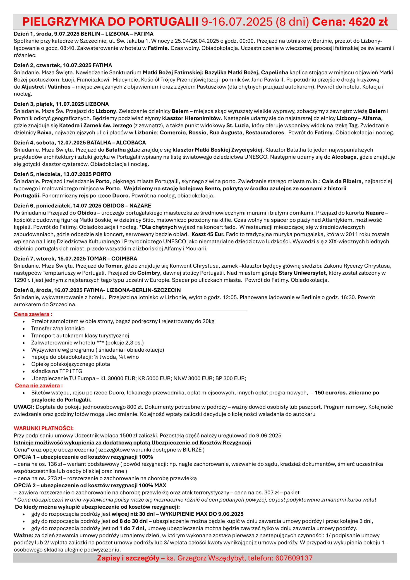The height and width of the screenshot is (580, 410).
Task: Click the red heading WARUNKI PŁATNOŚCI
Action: [x=44, y=428]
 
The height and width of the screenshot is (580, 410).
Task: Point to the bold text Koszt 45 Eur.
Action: [x=208, y=234]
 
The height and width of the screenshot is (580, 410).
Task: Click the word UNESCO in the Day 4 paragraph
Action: [x=256, y=157]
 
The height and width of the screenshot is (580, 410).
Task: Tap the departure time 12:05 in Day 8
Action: [x=230, y=297]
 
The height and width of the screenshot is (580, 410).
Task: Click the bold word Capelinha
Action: [x=274, y=72]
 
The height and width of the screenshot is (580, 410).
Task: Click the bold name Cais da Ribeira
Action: [x=342, y=181]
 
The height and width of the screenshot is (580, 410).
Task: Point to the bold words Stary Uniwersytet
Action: [x=302, y=273]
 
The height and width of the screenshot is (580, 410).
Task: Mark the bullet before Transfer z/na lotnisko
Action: [x=24, y=329]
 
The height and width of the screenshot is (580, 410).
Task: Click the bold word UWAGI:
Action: [x=24, y=407]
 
